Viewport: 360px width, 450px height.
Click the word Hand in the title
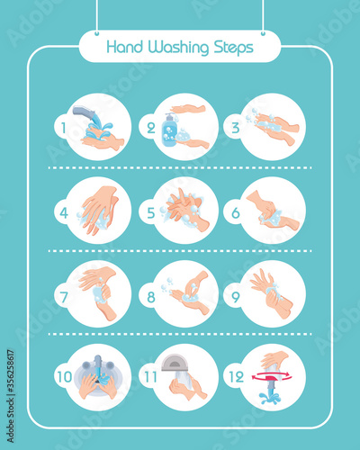coord(124,47)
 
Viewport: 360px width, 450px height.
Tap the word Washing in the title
coord(178,48)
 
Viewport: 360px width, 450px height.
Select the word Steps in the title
coord(233,48)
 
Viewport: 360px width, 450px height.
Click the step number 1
coord(63,128)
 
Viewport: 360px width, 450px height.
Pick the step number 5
coord(151,213)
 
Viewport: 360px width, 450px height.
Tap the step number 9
coord(236,297)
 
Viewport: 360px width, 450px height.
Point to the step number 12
coord(236,377)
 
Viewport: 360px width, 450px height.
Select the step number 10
coord(65,377)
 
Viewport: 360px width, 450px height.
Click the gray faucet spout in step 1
coord(84,112)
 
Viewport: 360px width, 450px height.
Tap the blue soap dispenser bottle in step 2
coord(169,130)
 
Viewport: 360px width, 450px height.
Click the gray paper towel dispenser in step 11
coord(175,363)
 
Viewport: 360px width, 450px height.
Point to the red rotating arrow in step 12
coord(272,376)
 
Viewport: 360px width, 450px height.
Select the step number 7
coord(64,297)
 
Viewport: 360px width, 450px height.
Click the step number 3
coord(236,128)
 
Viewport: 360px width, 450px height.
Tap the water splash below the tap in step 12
coord(270,397)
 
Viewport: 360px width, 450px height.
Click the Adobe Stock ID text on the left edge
coord(10,396)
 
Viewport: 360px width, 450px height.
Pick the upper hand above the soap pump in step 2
coord(187,108)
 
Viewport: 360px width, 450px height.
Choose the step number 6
coord(236,213)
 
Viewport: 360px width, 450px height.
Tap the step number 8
coord(151,297)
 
